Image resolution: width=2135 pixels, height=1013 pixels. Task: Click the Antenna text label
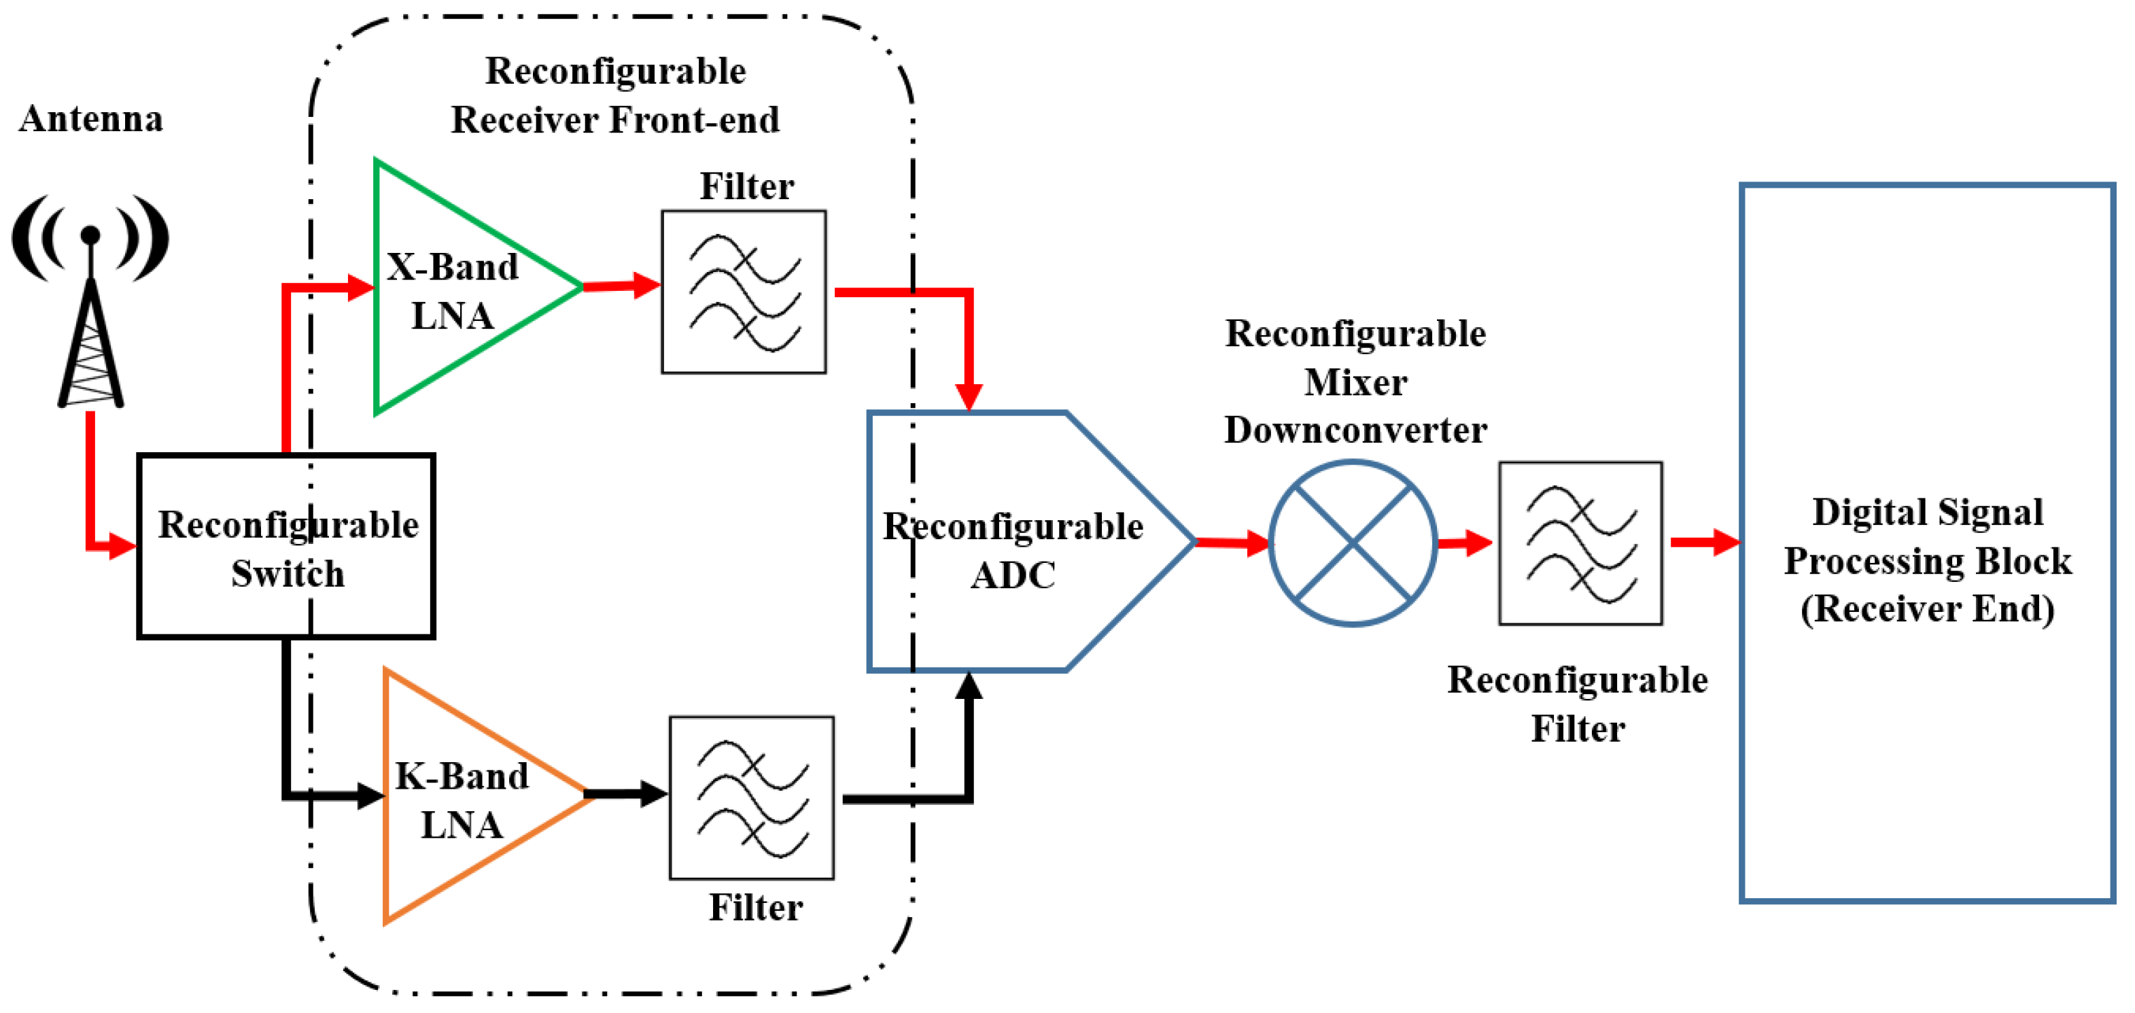(91, 118)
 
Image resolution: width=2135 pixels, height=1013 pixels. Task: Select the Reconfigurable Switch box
(286, 547)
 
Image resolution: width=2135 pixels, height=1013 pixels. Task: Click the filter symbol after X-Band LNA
(744, 292)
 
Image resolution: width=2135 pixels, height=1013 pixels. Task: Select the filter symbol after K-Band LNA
(752, 798)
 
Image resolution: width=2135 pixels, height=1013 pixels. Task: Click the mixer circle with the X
(1353, 543)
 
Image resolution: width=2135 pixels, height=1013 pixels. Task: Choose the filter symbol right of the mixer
(1580, 543)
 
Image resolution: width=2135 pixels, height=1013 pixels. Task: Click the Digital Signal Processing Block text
(1927, 560)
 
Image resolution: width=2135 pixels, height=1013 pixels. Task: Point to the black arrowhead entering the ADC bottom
(969, 687)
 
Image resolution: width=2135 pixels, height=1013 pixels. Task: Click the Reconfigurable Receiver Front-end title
(615, 95)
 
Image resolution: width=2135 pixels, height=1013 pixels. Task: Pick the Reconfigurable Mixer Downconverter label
(1356, 381)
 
